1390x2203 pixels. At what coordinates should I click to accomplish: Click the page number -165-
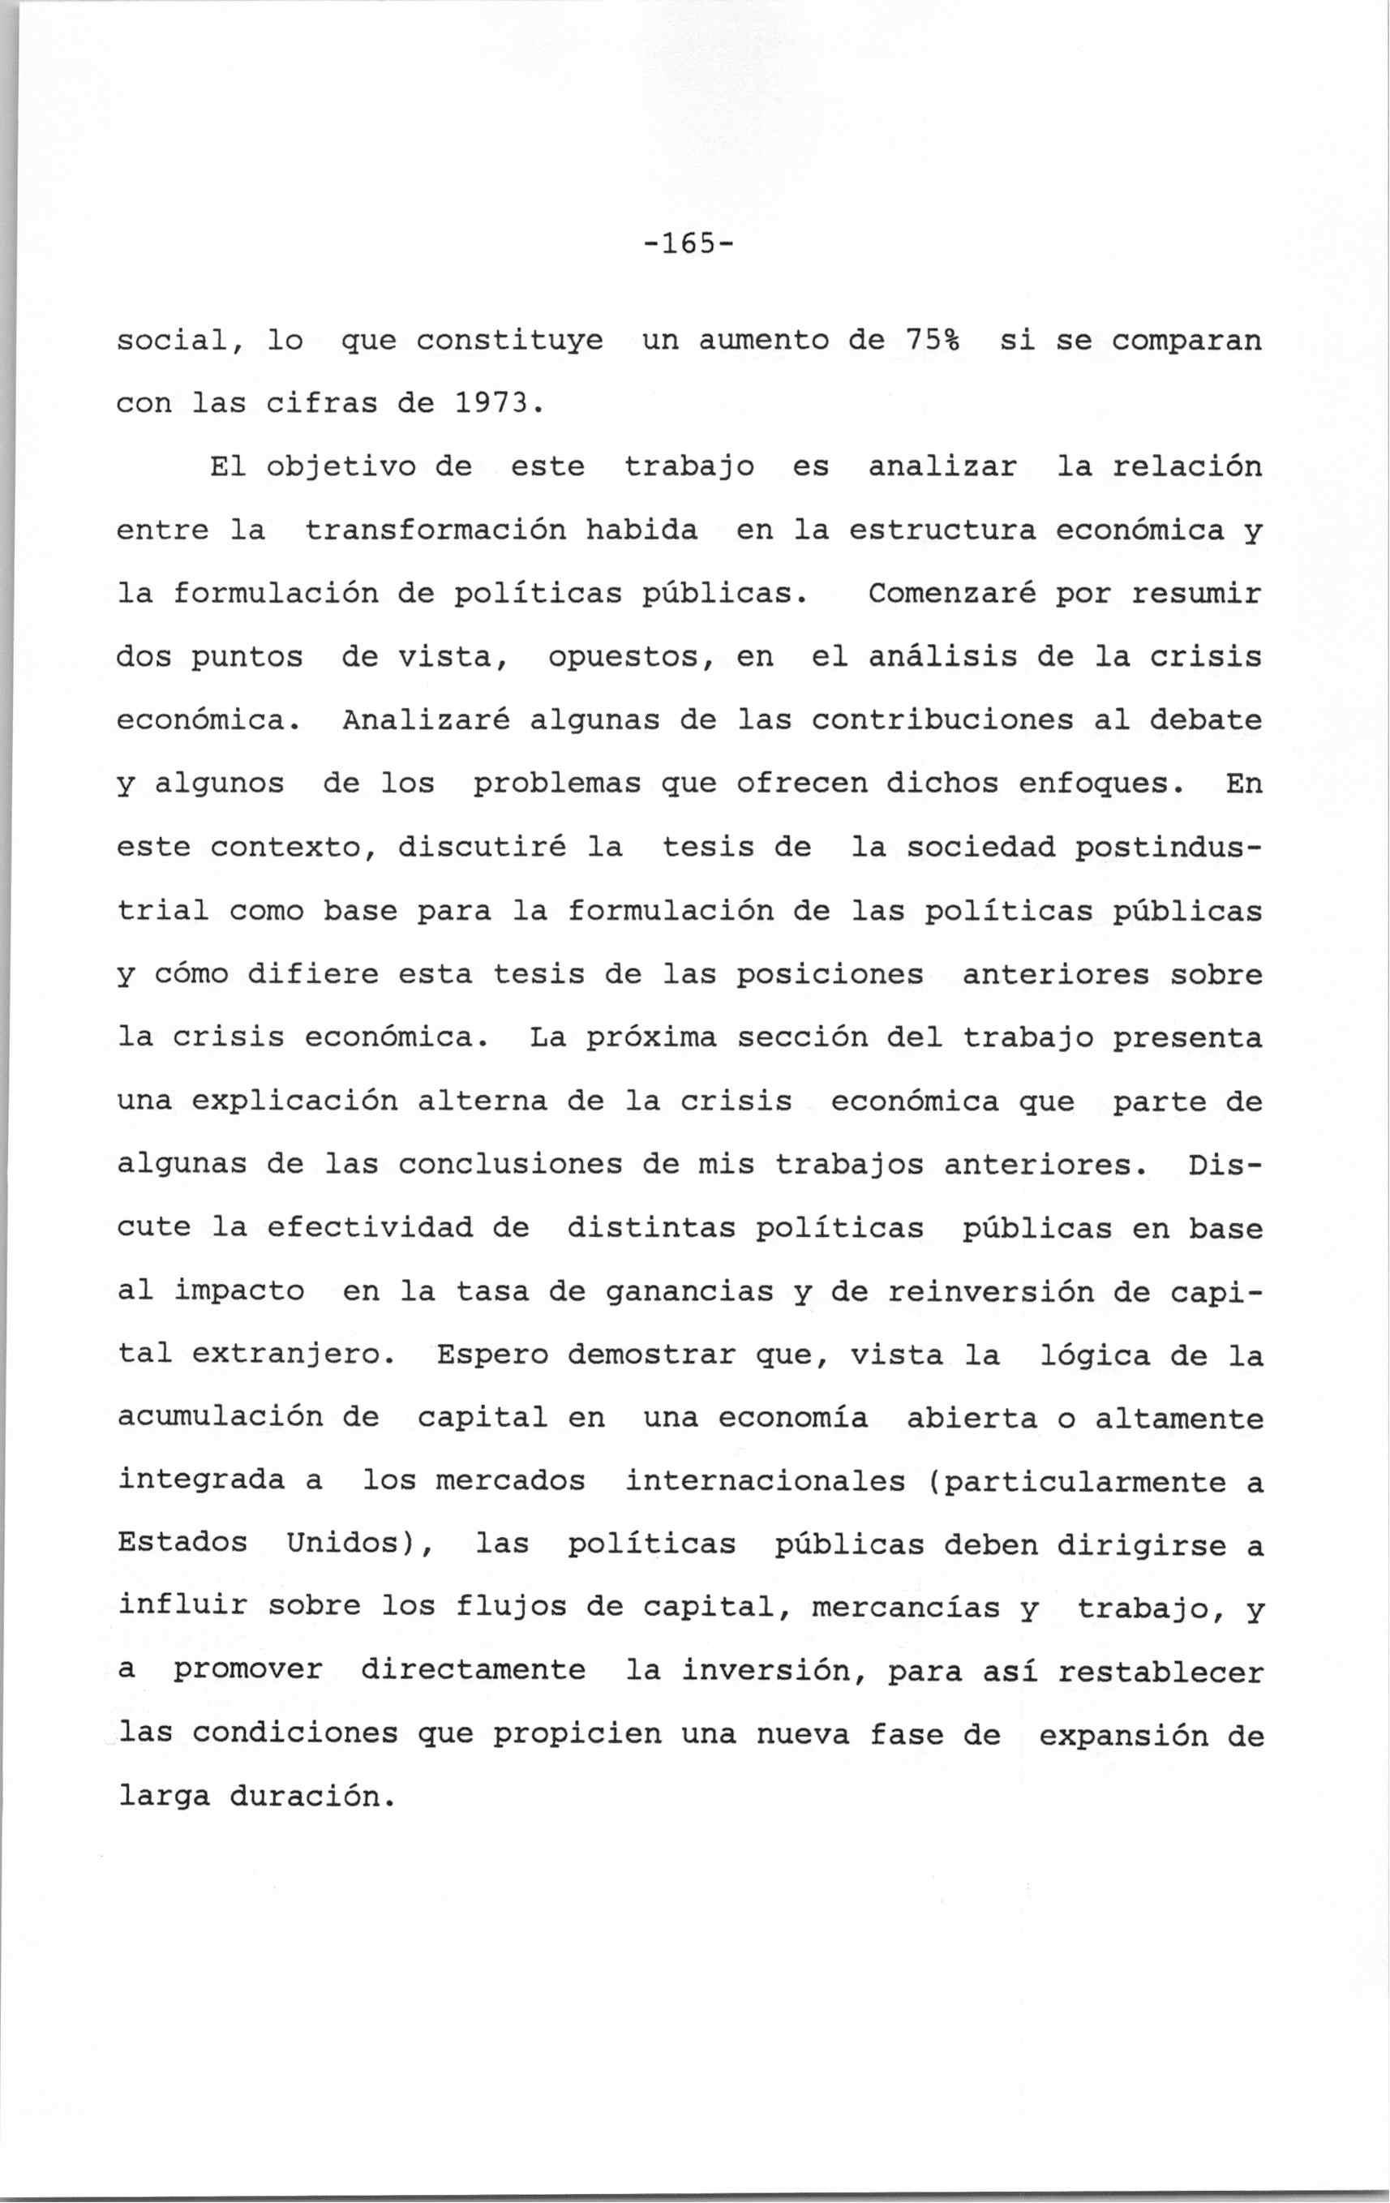click(689, 245)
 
